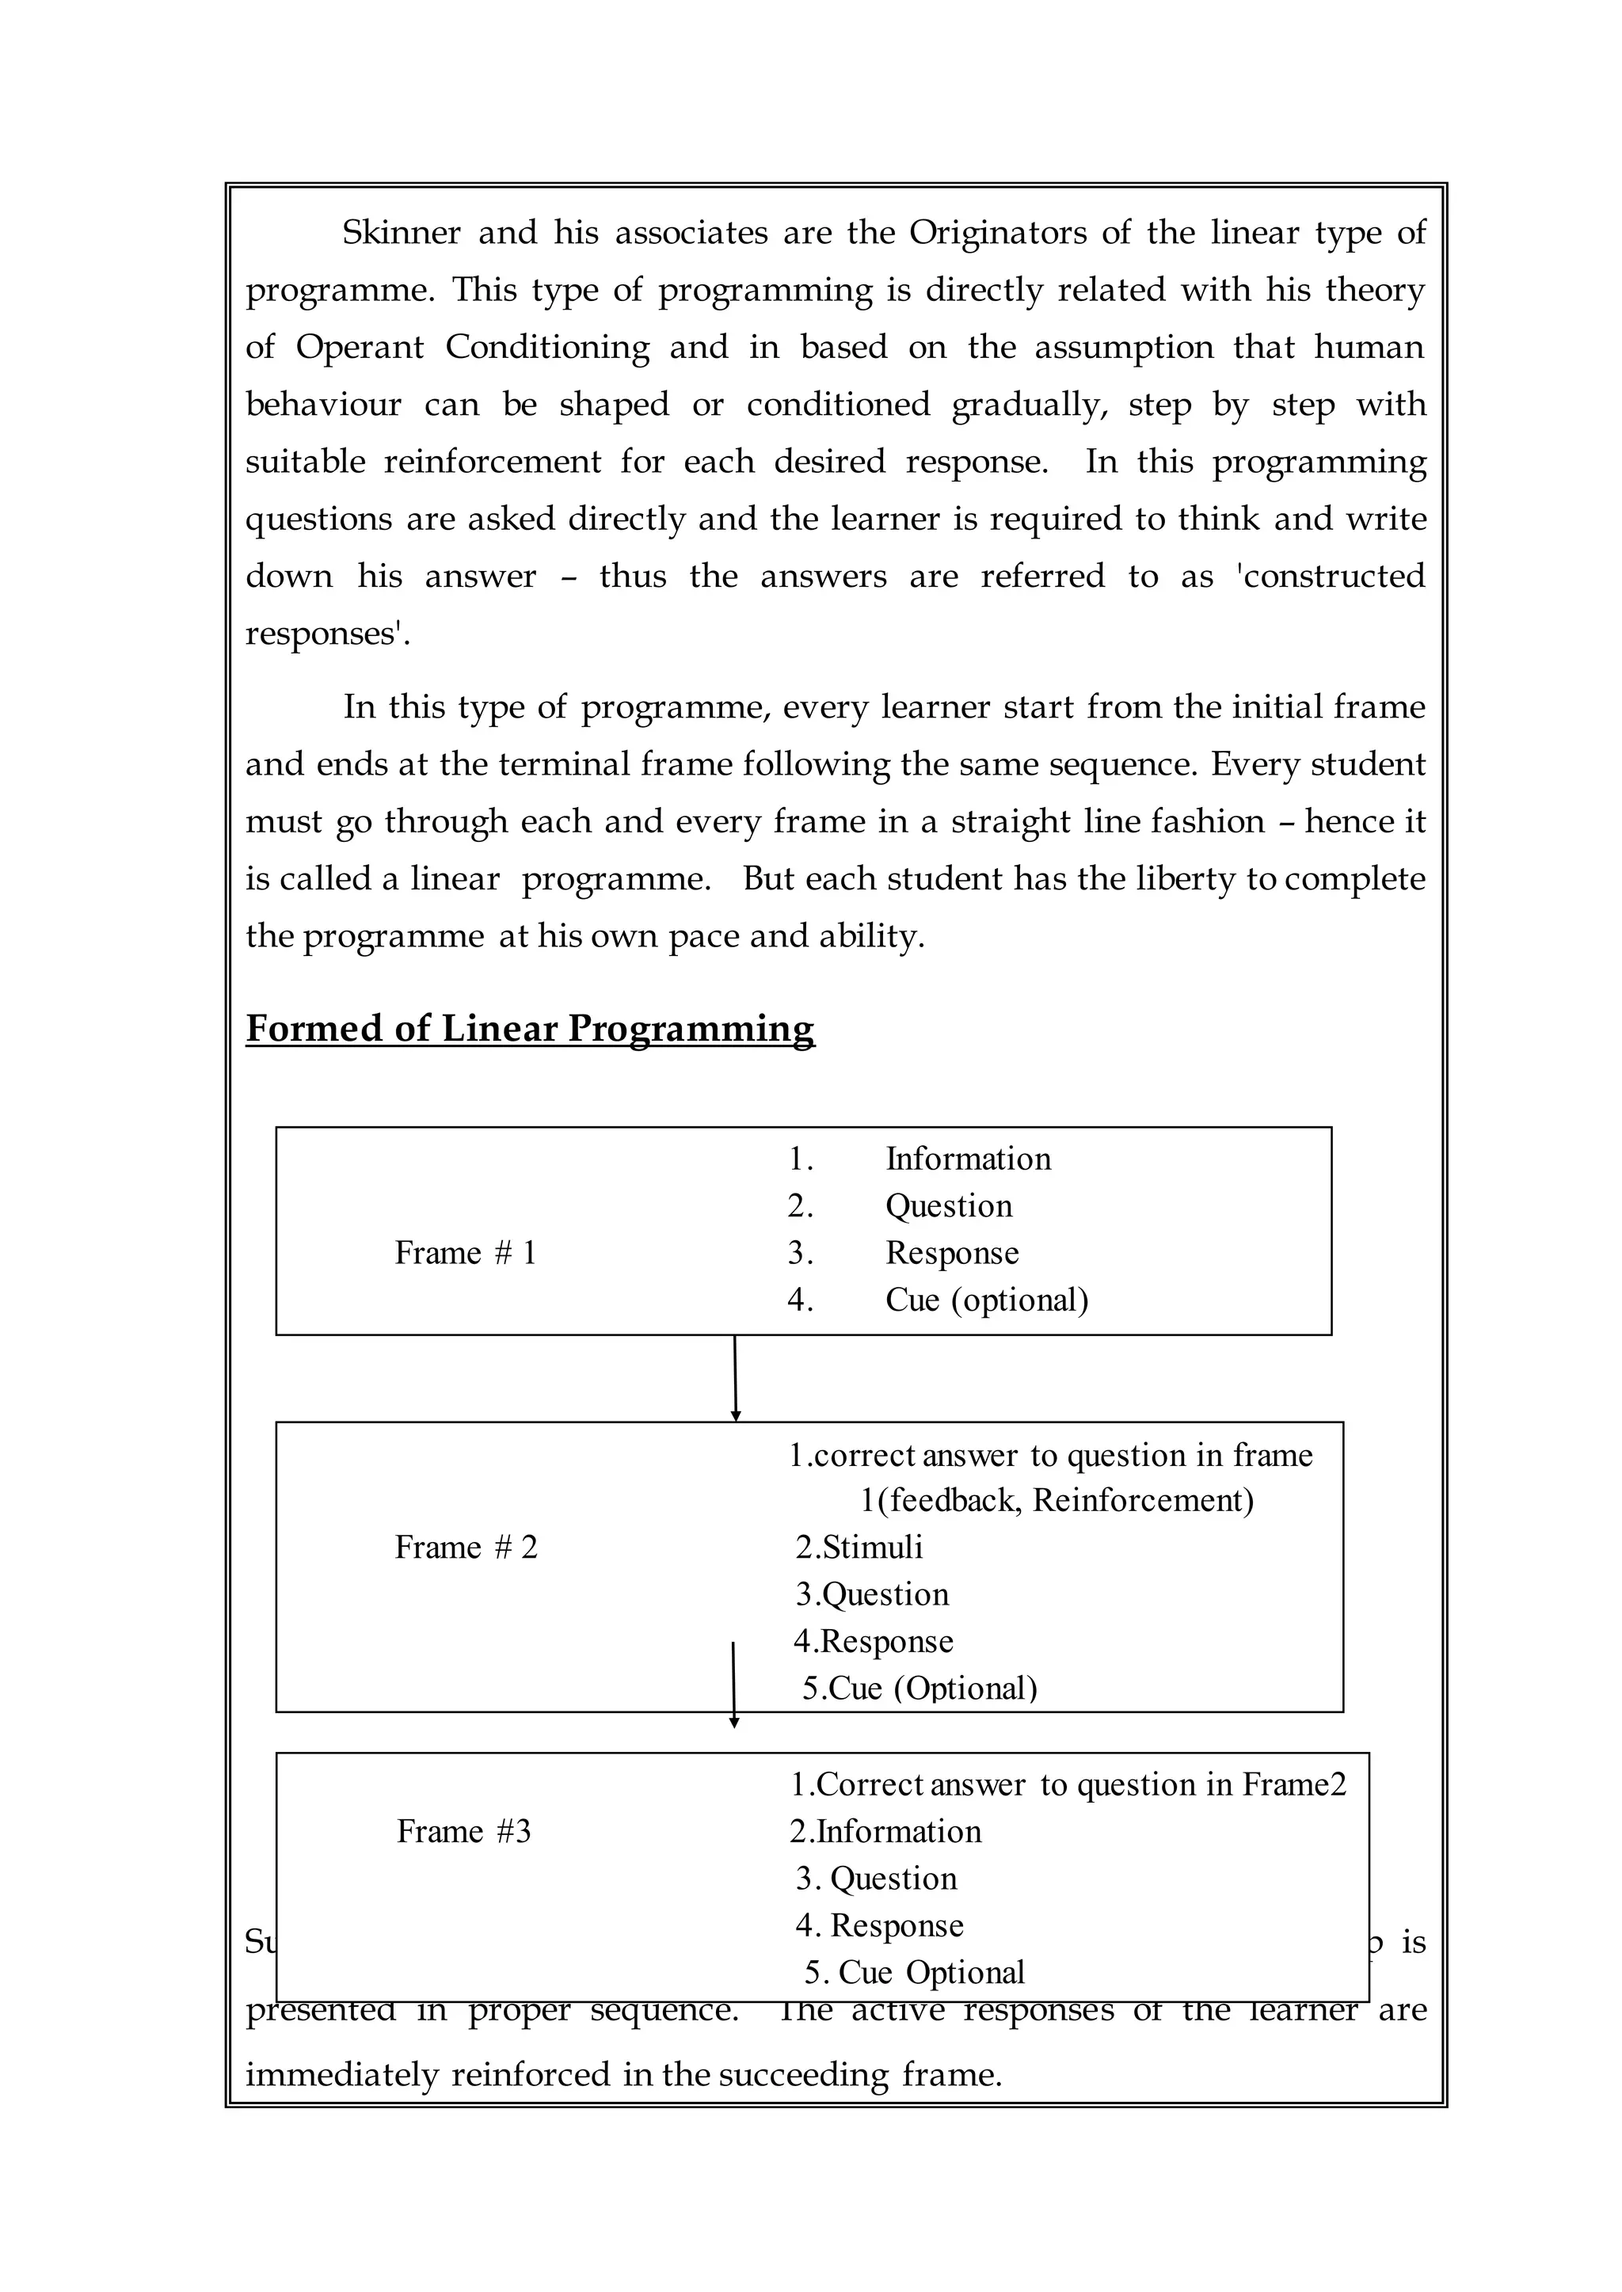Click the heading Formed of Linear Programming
pos(529,1029)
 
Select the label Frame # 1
pos(466,1252)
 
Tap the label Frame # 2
pos(466,1547)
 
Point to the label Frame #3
pos(463,1830)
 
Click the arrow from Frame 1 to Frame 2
pos(735,1378)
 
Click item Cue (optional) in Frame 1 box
pos(986,1300)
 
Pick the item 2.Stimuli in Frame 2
pos(859,1547)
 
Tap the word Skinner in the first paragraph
pos(401,233)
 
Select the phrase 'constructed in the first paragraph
pos(1331,577)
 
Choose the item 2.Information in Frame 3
pos(885,1830)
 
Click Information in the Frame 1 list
pos(968,1159)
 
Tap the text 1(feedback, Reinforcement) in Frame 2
pos(1057,1500)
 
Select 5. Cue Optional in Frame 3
pos(915,1972)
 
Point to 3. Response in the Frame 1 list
pos(951,1252)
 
